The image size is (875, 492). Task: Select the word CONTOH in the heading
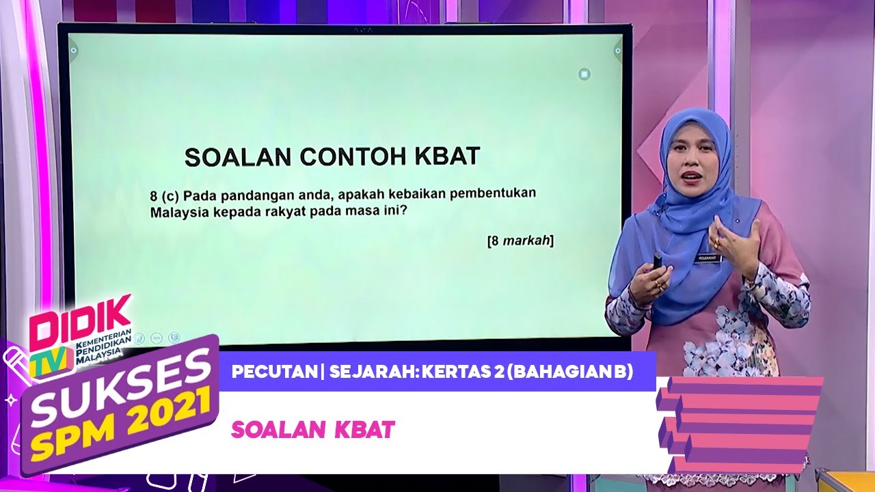tap(346, 157)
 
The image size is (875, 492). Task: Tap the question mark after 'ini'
tap(404, 211)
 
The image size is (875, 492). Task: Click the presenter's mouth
tap(691, 176)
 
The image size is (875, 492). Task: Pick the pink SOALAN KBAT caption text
tap(313, 429)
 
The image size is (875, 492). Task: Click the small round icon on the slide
tap(584, 74)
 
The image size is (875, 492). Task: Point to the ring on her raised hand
tap(716, 242)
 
